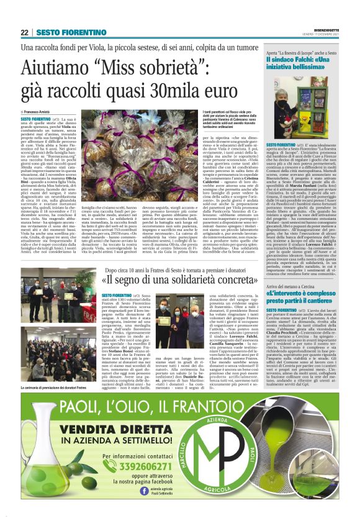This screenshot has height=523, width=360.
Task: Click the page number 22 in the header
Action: [x=25, y=32]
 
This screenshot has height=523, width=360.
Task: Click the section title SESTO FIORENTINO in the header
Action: [x=71, y=32]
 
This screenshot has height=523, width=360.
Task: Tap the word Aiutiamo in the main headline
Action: [x=56, y=67]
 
